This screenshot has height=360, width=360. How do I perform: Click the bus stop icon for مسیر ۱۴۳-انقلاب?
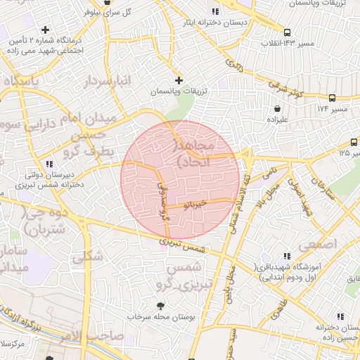pyautogui.click(x=287, y=32)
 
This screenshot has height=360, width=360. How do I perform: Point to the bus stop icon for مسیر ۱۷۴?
pyautogui.click(x=332, y=98)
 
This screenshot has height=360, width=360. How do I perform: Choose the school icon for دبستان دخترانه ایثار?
pyautogui.click(x=215, y=11)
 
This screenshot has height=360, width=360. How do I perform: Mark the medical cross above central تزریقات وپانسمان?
pyautogui.click(x=179, y=81)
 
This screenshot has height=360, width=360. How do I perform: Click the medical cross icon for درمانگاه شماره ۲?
pyautogui.click(x=46, y=30)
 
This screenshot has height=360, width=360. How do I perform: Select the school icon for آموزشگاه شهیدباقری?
pyautogui.click(x=285, y=257)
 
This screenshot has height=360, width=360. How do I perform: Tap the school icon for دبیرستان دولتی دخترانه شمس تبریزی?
pyautogui.click(x=49, y=163)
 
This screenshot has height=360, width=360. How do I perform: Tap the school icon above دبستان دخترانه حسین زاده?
pyautogui.click(x=340, y=316)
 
